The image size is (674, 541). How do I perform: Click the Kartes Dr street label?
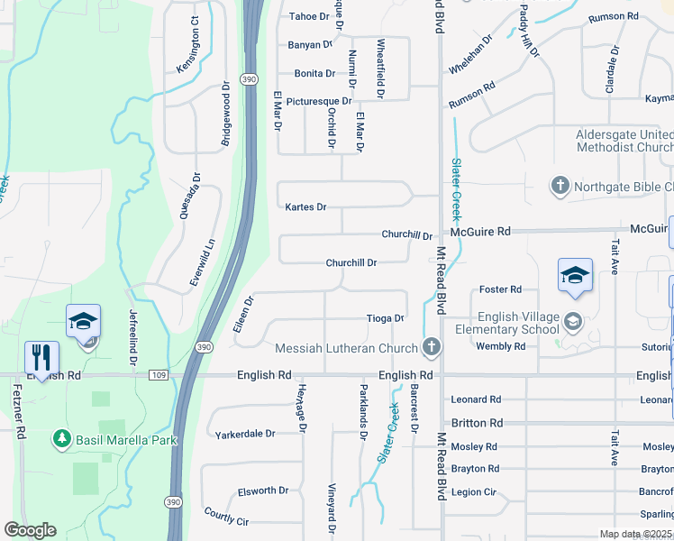[305, 207]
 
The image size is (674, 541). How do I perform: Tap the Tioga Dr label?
[385, 318]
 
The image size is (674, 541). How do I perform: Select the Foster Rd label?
[500, 289]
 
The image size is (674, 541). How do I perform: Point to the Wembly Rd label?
[500, 346]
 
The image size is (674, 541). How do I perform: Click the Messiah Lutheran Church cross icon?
[432, 348]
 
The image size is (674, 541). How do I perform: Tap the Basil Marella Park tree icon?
[62, 439]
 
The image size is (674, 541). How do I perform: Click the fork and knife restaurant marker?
[41, 356]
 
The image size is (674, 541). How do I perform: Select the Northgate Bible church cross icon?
[560, 187]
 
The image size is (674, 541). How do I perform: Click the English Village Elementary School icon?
[571, 321]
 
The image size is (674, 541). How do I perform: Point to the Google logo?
[30, 530]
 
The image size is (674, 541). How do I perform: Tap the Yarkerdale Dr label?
[245, 434]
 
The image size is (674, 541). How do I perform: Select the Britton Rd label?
[477, 423]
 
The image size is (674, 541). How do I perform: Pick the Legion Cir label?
[474, 492]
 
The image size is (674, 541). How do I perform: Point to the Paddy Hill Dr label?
[529, 31]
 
